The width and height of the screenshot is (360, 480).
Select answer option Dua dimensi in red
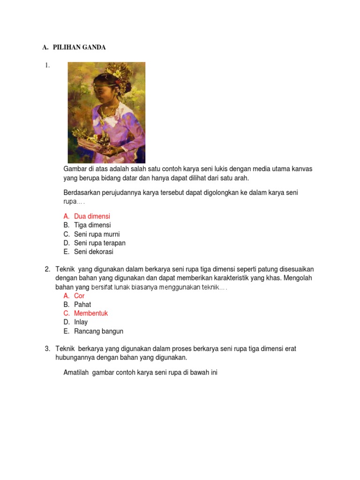tap(92, 216)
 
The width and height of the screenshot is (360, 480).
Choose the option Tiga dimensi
tap(92, 225)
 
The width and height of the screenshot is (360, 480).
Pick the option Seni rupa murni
tap(97, 234)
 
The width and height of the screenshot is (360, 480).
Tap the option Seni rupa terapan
tap(99, 243)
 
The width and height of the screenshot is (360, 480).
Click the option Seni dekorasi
tap(94, 252)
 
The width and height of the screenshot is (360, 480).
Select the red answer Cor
tap(79, 296)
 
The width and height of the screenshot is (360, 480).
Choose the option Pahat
tap(82, 305)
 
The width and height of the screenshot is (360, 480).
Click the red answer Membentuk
tap(91, 313)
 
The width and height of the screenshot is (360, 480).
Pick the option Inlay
tap(81, 322)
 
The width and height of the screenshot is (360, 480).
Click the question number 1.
tap(47, 66)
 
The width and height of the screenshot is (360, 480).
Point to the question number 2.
tap(47, 269)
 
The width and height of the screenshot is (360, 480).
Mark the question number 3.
tap(47, 349)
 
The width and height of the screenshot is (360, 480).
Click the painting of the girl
tap(106, 112)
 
